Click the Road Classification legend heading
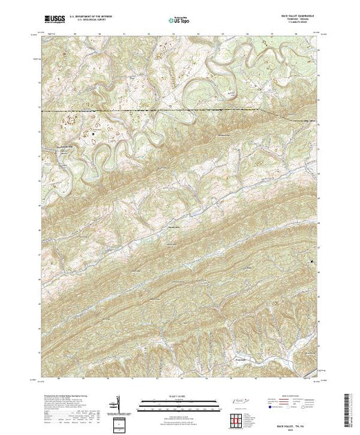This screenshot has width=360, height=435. pos(294,394)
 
